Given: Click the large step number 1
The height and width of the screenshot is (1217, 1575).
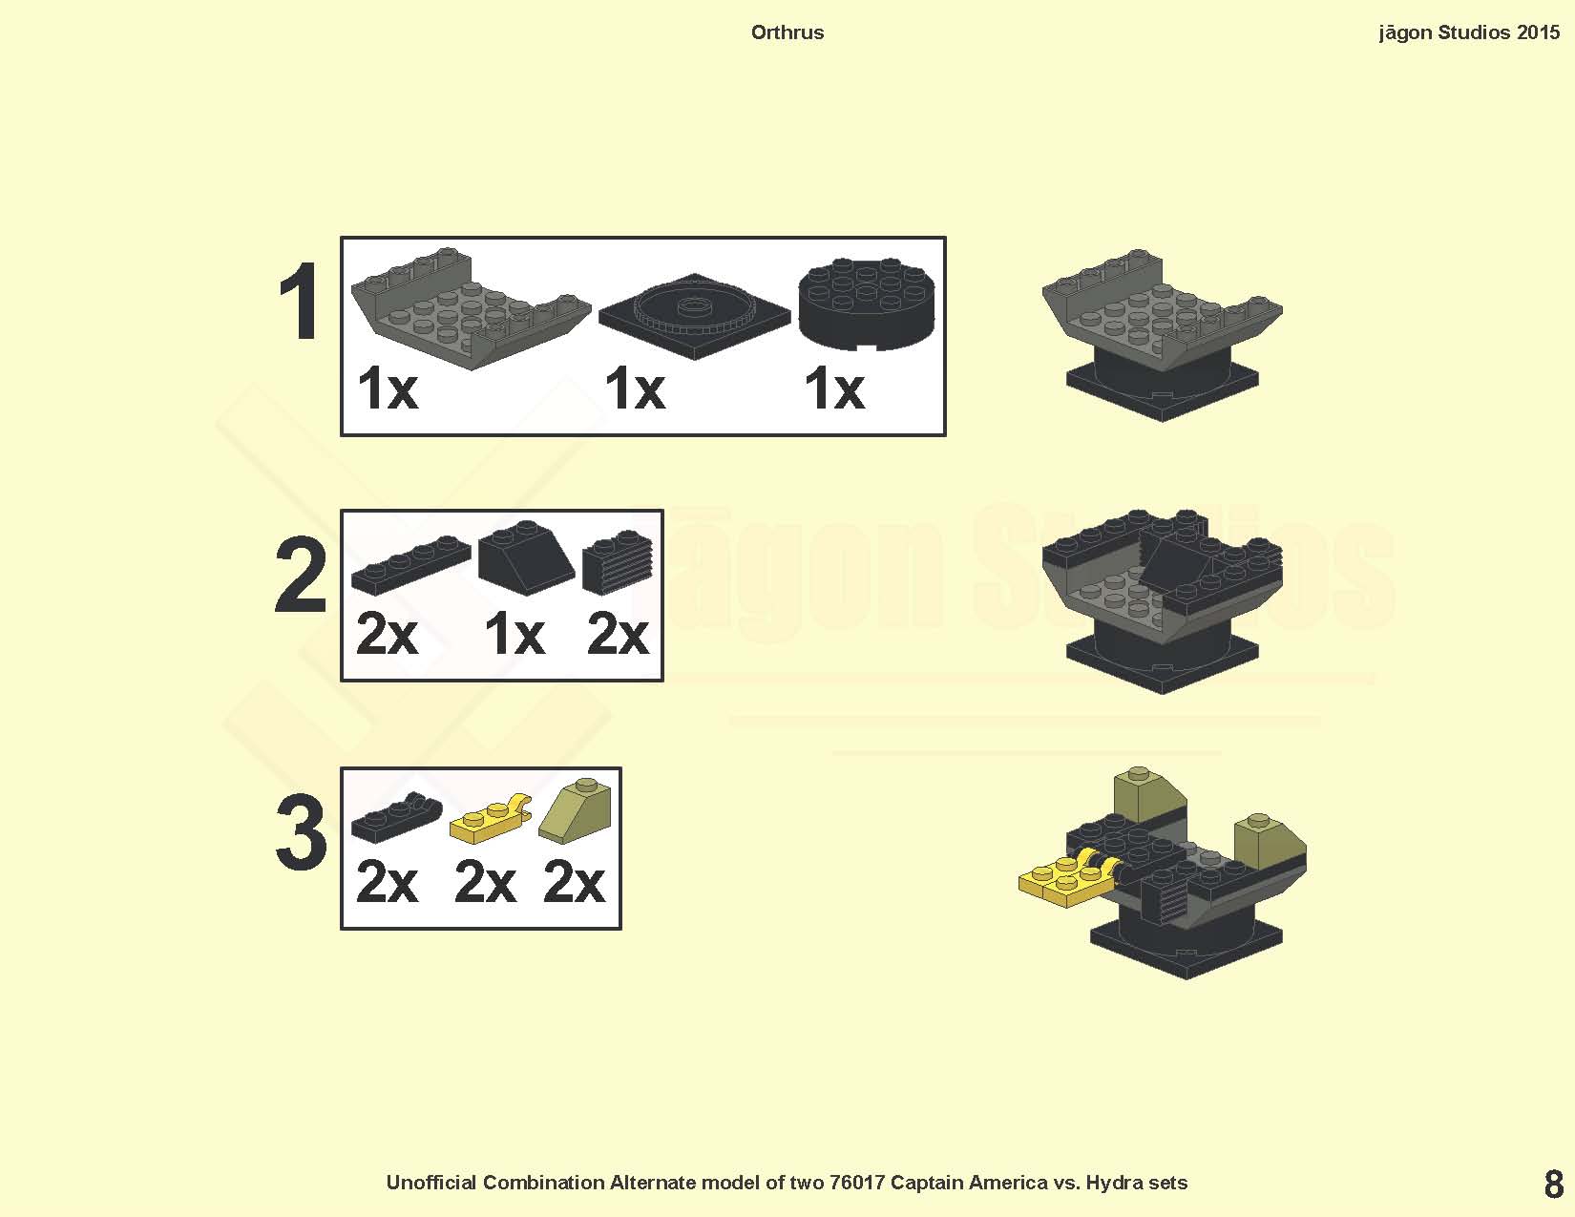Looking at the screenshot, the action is pos(300,302).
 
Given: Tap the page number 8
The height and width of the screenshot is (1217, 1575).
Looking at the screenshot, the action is pos(1554,1185).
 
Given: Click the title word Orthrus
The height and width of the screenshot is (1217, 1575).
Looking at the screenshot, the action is pos(787,32).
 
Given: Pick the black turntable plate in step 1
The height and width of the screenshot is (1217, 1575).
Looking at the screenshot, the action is pos(694,316).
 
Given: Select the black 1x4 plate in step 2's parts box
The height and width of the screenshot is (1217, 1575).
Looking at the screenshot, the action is pos(411,565).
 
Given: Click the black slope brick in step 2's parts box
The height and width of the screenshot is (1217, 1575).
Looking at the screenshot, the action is pos(527,558).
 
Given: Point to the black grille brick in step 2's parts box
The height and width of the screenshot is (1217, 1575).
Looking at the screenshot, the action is pos(618,563).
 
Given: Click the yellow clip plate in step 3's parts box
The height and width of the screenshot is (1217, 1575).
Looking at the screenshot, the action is pos(491,820).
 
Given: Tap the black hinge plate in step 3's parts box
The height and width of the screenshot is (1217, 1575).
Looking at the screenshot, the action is pos(396,818).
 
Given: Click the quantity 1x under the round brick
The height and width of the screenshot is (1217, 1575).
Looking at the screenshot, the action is pos(834,388).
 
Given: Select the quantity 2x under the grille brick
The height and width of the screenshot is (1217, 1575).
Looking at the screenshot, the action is pos(618,634).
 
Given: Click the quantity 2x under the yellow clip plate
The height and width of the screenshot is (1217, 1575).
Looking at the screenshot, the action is pos(485,882).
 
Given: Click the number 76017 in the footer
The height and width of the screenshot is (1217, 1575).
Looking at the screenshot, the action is pos(857,1183).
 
